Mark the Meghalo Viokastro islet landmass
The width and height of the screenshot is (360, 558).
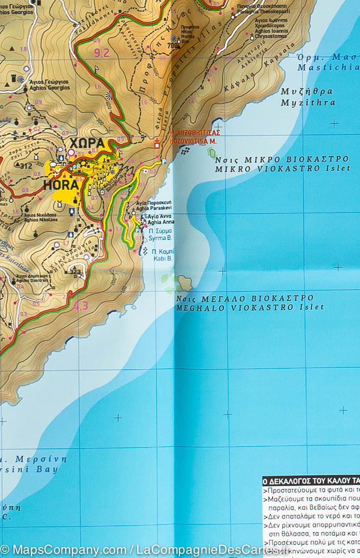coord(185,282)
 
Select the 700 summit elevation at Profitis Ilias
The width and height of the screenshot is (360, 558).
coord(173,46)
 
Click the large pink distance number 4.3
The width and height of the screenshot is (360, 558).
coord(80,306)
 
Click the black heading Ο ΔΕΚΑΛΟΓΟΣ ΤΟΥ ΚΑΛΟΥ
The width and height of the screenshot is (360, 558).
coord(311,481)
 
